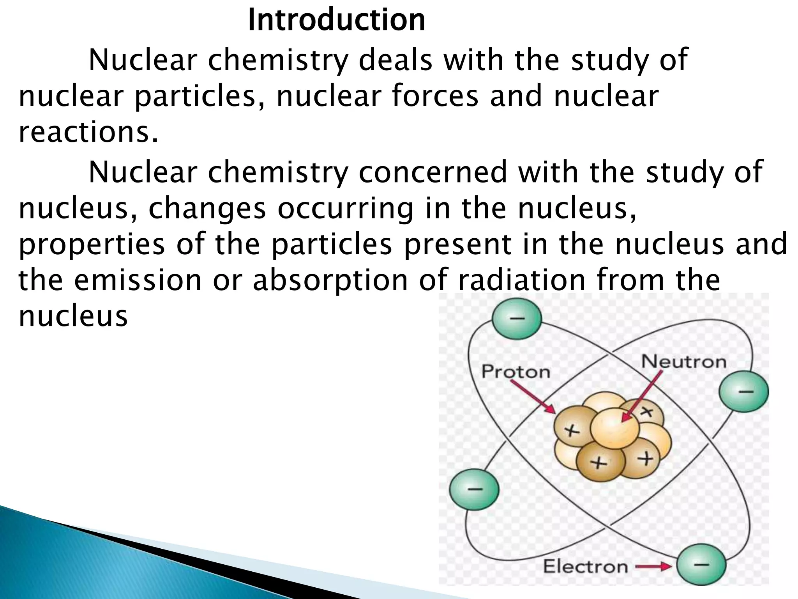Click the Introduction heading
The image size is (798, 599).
point(336,20)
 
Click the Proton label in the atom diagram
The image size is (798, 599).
point(516,372)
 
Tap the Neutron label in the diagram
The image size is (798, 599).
point(684,362)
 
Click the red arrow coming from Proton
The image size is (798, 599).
point(533,397)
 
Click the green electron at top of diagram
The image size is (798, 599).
point(517,319)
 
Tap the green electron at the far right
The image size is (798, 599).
point(743,391)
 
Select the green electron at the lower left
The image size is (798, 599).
point(474,489)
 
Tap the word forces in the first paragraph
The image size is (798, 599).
point(435,96)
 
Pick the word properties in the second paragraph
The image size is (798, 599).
point(92,245)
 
